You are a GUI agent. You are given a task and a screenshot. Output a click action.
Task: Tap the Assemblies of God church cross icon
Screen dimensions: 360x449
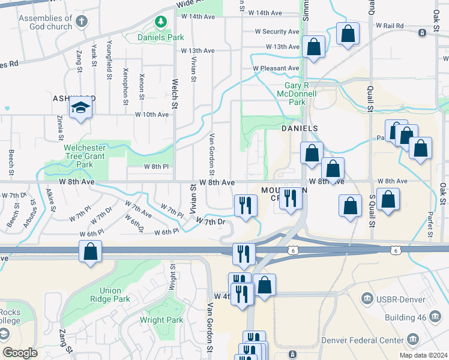coord(82,23)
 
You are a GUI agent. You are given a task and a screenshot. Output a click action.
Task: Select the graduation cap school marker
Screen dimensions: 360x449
coord(80,108)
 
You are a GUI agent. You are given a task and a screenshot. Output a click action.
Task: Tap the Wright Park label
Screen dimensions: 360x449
coord(161,320)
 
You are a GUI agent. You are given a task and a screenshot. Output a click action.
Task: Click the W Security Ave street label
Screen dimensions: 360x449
coord(277,32)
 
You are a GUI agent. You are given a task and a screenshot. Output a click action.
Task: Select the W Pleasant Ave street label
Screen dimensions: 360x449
coord(276,68)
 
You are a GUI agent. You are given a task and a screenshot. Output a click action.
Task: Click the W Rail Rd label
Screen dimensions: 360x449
coord(390,26)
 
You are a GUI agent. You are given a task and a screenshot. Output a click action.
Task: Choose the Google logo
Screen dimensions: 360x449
coord(20,353)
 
